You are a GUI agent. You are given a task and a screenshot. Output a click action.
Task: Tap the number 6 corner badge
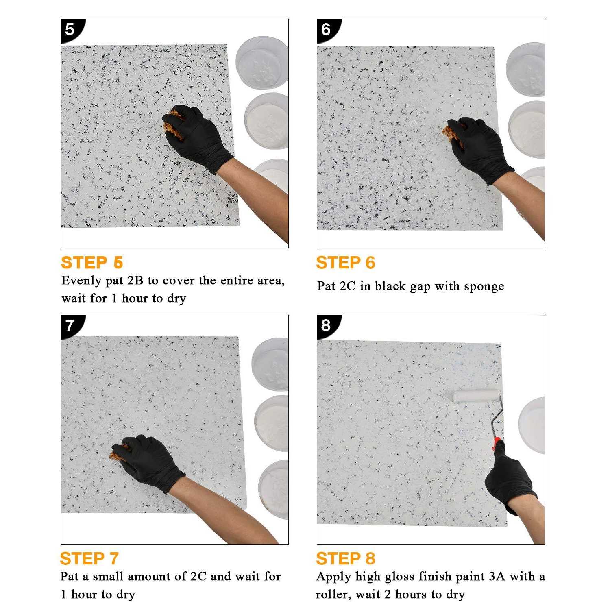point(326,30)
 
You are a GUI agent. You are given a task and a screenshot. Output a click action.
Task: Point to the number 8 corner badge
point(326,325)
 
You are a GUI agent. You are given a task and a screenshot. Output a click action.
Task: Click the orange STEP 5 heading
point(92,263)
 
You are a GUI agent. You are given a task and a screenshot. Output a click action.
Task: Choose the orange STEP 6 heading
point(345,263)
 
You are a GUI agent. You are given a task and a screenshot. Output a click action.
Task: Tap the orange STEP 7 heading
point(89,559)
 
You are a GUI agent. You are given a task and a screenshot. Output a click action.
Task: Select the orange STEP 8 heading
point(345,559)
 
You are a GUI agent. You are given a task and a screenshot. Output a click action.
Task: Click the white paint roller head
point(476,396)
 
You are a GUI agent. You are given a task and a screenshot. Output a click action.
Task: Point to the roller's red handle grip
point(497,444)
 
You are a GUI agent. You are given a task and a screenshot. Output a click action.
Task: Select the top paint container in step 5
point(262,63)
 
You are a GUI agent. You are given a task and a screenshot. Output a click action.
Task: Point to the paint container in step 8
point(533,425)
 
